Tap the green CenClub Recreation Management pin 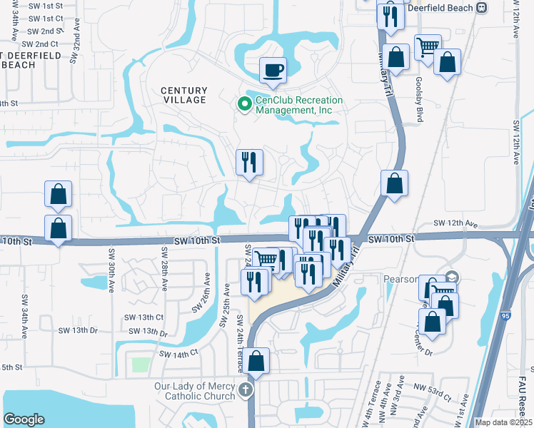coord(245,105)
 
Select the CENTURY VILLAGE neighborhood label coord(183,95)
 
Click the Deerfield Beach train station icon coord(482,7)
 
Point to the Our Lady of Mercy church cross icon coord(246,390)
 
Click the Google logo coord(24,419)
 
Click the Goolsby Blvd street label coord(419,100)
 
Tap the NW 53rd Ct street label coord(435,393)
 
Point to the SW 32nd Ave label coord(73,47)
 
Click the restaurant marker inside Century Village coord(250,162)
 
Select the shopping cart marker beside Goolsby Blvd coord(428,48)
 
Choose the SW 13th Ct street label coord(145,317)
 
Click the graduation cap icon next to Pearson coord(450,276)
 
